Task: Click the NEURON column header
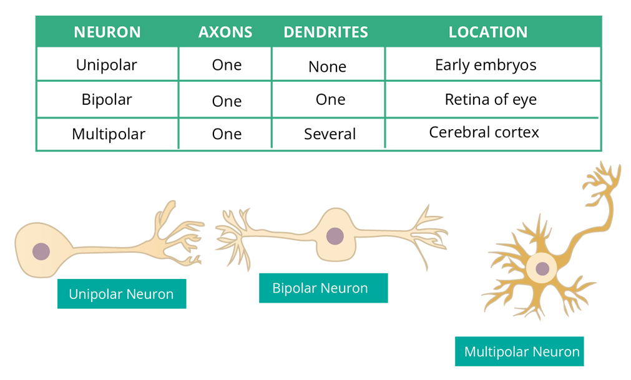[x=107, y=32]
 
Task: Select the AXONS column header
[x=225, y=32]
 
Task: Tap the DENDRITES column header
[x=326, y=32]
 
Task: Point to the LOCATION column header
[x=487, y=32]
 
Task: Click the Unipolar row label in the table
[x=107, y=65]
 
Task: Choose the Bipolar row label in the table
[x=107, y=99]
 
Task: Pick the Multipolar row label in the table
[x=108, y=134]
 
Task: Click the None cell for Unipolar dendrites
[x=327, y=67]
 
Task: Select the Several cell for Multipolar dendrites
[x=330, y=134]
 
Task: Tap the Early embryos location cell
[x=486, y=65]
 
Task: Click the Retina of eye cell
[x=491, y=99]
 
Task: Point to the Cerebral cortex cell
[x=484, y=132]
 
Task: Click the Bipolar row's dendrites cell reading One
[x=330, y=100]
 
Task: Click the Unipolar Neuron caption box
[x=122, y=294]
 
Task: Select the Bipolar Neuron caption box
[x=323, y=288]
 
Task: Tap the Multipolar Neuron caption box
[x=519, y=351]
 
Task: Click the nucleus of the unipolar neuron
[x=41, y=251]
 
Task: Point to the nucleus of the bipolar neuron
[x=335, y=236]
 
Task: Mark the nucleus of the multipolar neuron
[x=542, y=268]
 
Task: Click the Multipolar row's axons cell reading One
[x=227, y=134]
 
